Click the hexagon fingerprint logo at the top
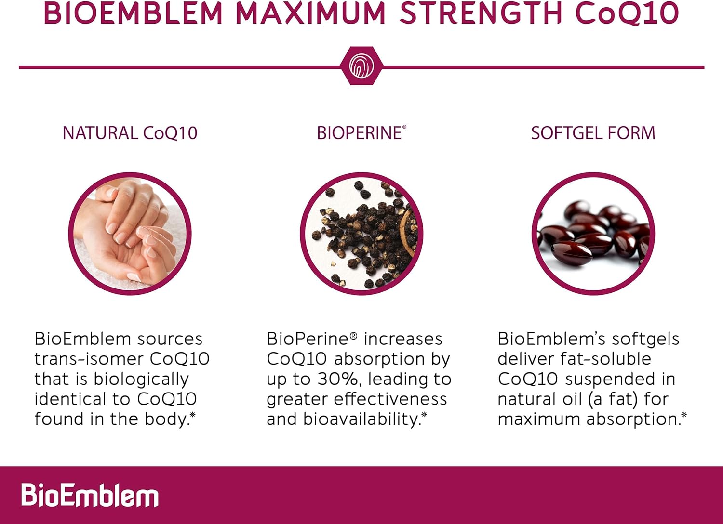361,66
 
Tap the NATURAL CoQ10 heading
130,133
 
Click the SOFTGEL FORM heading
593,133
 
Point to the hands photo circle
130,234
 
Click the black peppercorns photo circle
361,234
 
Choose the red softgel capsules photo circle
593,234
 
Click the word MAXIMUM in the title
310,13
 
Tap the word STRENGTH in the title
482,13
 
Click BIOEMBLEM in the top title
133,13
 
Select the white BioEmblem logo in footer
90,495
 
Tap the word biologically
141,380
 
